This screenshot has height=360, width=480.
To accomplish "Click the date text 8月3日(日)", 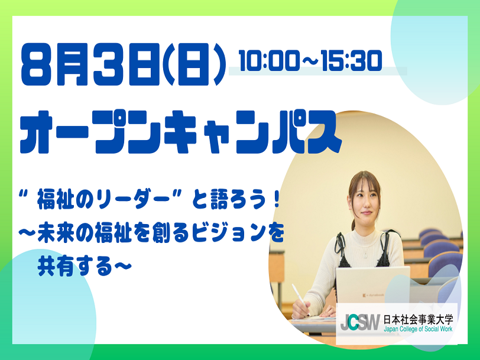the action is tap(124, 65).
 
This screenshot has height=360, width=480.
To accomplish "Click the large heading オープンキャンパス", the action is tap(181, 132).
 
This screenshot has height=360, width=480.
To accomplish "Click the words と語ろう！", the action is tap(235, 202).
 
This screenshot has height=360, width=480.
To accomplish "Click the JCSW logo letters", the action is tap(360, 322).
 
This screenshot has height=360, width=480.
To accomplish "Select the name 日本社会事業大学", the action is tap(418, 319).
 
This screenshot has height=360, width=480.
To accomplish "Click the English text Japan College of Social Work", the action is tap(418, 329).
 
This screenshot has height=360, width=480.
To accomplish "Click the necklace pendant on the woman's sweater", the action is tap(365, 256).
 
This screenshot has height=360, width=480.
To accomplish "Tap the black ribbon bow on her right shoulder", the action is tap(340, 242).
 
